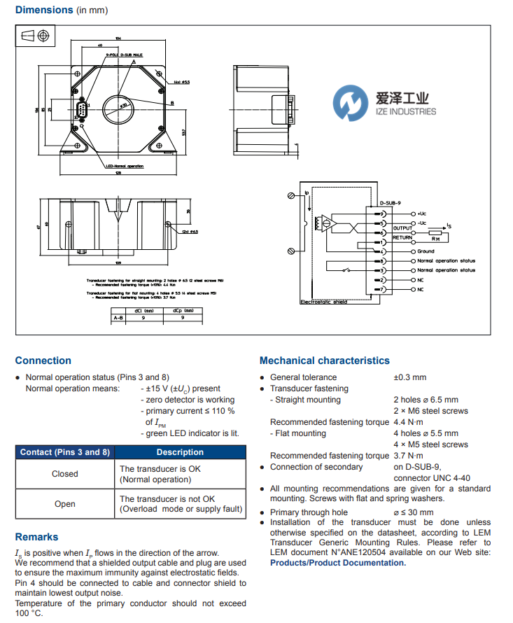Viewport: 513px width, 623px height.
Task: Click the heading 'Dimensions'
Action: click(x=44, y=10)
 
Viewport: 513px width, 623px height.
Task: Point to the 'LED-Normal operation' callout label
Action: click(x=124, y=166)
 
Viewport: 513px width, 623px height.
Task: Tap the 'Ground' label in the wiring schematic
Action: click(x=426, y=251)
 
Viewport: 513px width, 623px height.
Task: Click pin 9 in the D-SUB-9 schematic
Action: click(x=382, y=213)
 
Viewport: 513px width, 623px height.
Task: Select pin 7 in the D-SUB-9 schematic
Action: click(x=382, y=289)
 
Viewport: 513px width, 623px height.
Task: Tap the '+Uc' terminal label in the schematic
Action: click(x=421, y=213)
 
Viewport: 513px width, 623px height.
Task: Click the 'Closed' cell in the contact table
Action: click(x=64, y=474)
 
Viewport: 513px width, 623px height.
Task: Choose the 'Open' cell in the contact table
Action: click(x=64, y=504)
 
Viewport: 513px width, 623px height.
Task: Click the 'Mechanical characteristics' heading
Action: click(x=324, y=360)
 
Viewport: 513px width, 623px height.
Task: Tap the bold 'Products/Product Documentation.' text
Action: click(x=337, y=563)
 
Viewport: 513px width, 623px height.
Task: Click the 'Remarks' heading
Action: click(x=36, y=537)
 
